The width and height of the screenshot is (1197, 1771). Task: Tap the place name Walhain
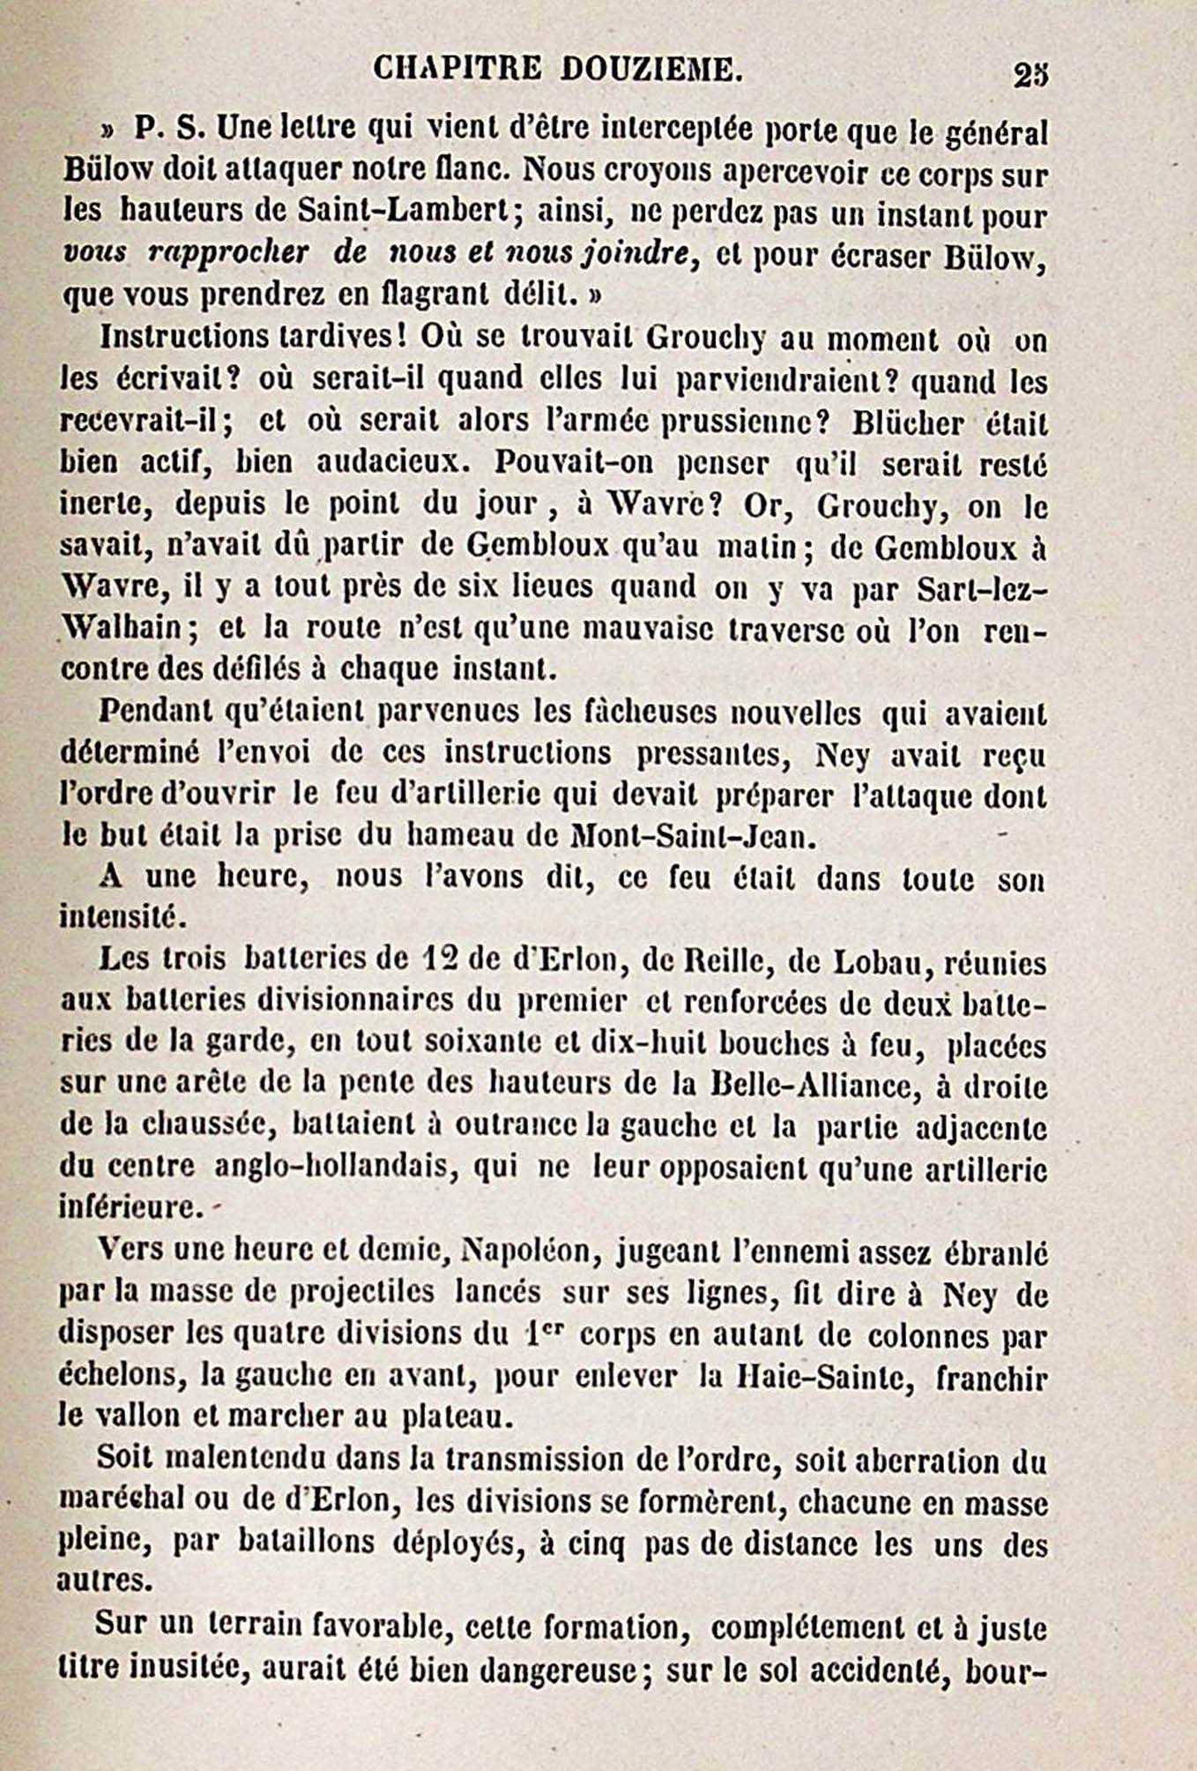[x=123, y=629]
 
